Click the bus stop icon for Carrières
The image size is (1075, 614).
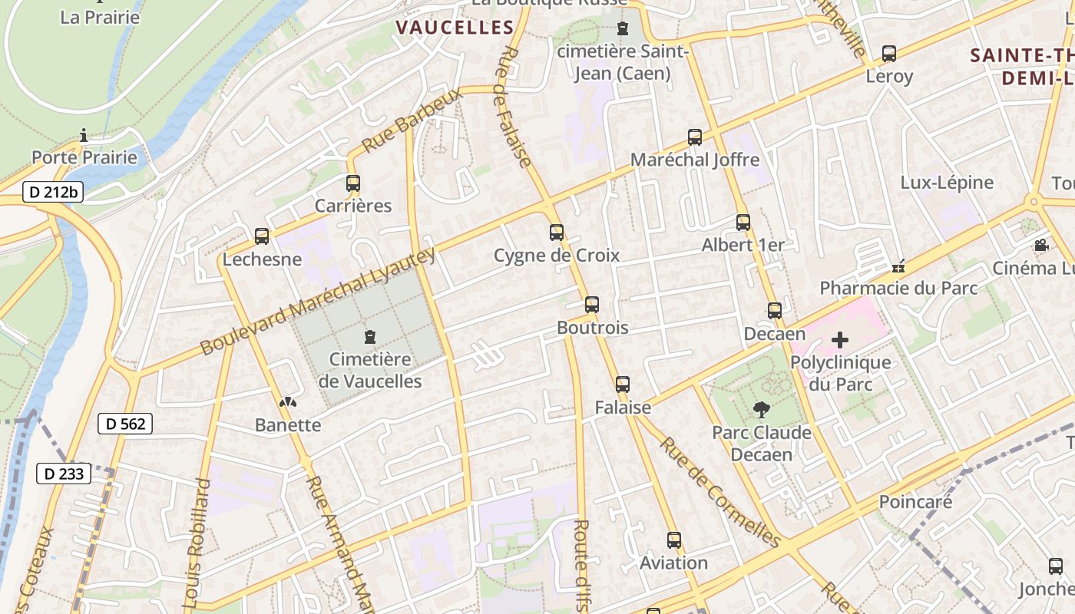pyautogui.click(x=353, y=183)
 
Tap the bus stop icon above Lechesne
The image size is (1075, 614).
pyautogui.click(x=262, y=236)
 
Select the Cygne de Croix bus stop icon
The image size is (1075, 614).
pyautogui.click(x=557, y=232)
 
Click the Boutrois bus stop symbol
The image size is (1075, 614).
pyautogui.click(x=591, y=305)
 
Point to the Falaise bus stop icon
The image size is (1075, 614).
pyautogui.click(x=623, y=385)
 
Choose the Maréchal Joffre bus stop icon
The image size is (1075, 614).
pyautogui.click(x=695, y=137)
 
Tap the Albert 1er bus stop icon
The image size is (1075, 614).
pyautogui.click(x=743, y=223)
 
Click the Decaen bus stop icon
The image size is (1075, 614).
pyautogui.click(x=775, y=311)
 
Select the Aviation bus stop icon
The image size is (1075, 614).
pyautogui.click(x=674, y=540)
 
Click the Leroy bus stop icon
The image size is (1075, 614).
pyautogui.click(x=889, y=54)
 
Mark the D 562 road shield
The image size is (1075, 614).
pyautogui.click(x=125, y=424)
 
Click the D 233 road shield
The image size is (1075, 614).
pyautogui.click(x=64, y=474)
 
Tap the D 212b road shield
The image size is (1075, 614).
pyautogui.click(x=52, y=192)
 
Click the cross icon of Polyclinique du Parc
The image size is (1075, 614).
pyautogui.click(x=840, y=339)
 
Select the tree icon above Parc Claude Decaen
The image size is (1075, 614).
pyautogui.click(x=761, y=410)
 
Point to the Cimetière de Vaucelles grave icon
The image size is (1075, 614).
pyautogui.click(x=370, y=336)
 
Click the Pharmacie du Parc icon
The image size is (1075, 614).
pyautogui.click(x=898, y=267)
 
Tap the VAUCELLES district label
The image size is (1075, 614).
pyautogui.click(x=455, y=28)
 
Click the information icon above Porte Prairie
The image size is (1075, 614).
pyautogui.click(x=84, y=136)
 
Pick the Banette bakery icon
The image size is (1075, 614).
pyautogui.click(x=288, y=402)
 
